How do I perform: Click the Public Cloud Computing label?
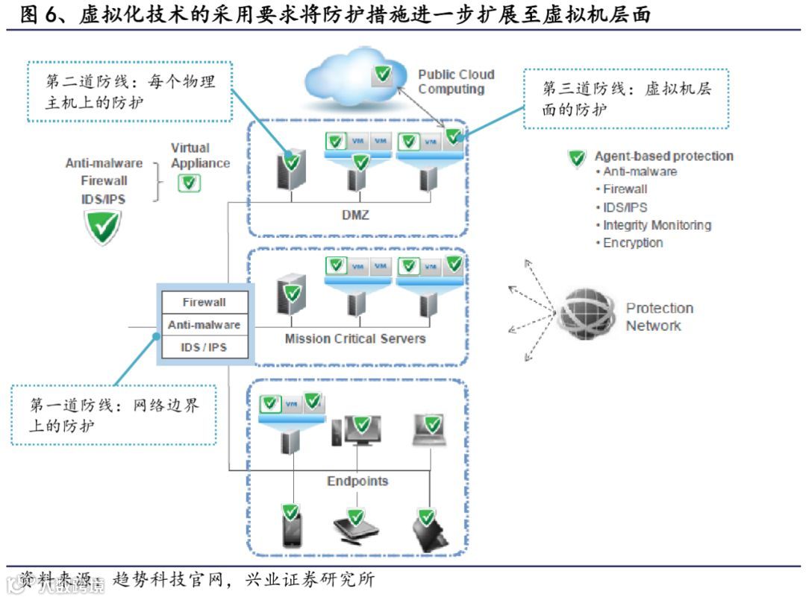click(455, 82)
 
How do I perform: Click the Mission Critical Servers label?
click(355, 338)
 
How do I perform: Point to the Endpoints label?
click(357, 481)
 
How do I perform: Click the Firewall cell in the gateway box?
click(204, 303)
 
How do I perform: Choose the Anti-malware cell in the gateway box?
click(204, 325)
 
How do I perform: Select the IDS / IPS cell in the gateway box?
click(204, 347)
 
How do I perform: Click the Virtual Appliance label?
click(200, 156)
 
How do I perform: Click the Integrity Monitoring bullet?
click(657, 225)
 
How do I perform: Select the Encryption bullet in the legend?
click(633, 243)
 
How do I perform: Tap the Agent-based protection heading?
click(663, 157)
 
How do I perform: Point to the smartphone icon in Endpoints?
click(290, 528)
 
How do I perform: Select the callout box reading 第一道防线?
click(114, 414)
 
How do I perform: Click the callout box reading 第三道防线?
click(625, 98)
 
